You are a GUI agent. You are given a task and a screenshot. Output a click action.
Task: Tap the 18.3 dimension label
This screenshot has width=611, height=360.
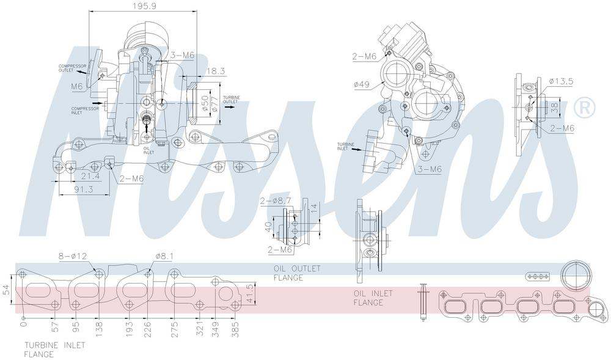click(x=215, y=72)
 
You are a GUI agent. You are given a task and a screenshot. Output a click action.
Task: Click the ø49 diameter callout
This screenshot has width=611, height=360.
click(x=362, y=84)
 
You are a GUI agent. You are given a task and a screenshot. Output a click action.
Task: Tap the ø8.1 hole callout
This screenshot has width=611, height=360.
click(x=166, y=257)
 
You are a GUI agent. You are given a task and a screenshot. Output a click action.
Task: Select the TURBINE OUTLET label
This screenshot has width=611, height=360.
click(x=231, y=100)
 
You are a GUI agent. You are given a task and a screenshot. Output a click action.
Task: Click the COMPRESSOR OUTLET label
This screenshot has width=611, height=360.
click(x=72, y=68)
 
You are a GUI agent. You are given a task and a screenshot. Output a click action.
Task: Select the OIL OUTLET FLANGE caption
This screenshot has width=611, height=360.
click(x=288, y=273)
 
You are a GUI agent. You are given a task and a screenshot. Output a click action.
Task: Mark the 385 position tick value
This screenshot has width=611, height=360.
click(x=236, y=331)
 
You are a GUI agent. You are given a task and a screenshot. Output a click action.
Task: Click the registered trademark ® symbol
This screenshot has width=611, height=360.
click(x=584, y=108)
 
